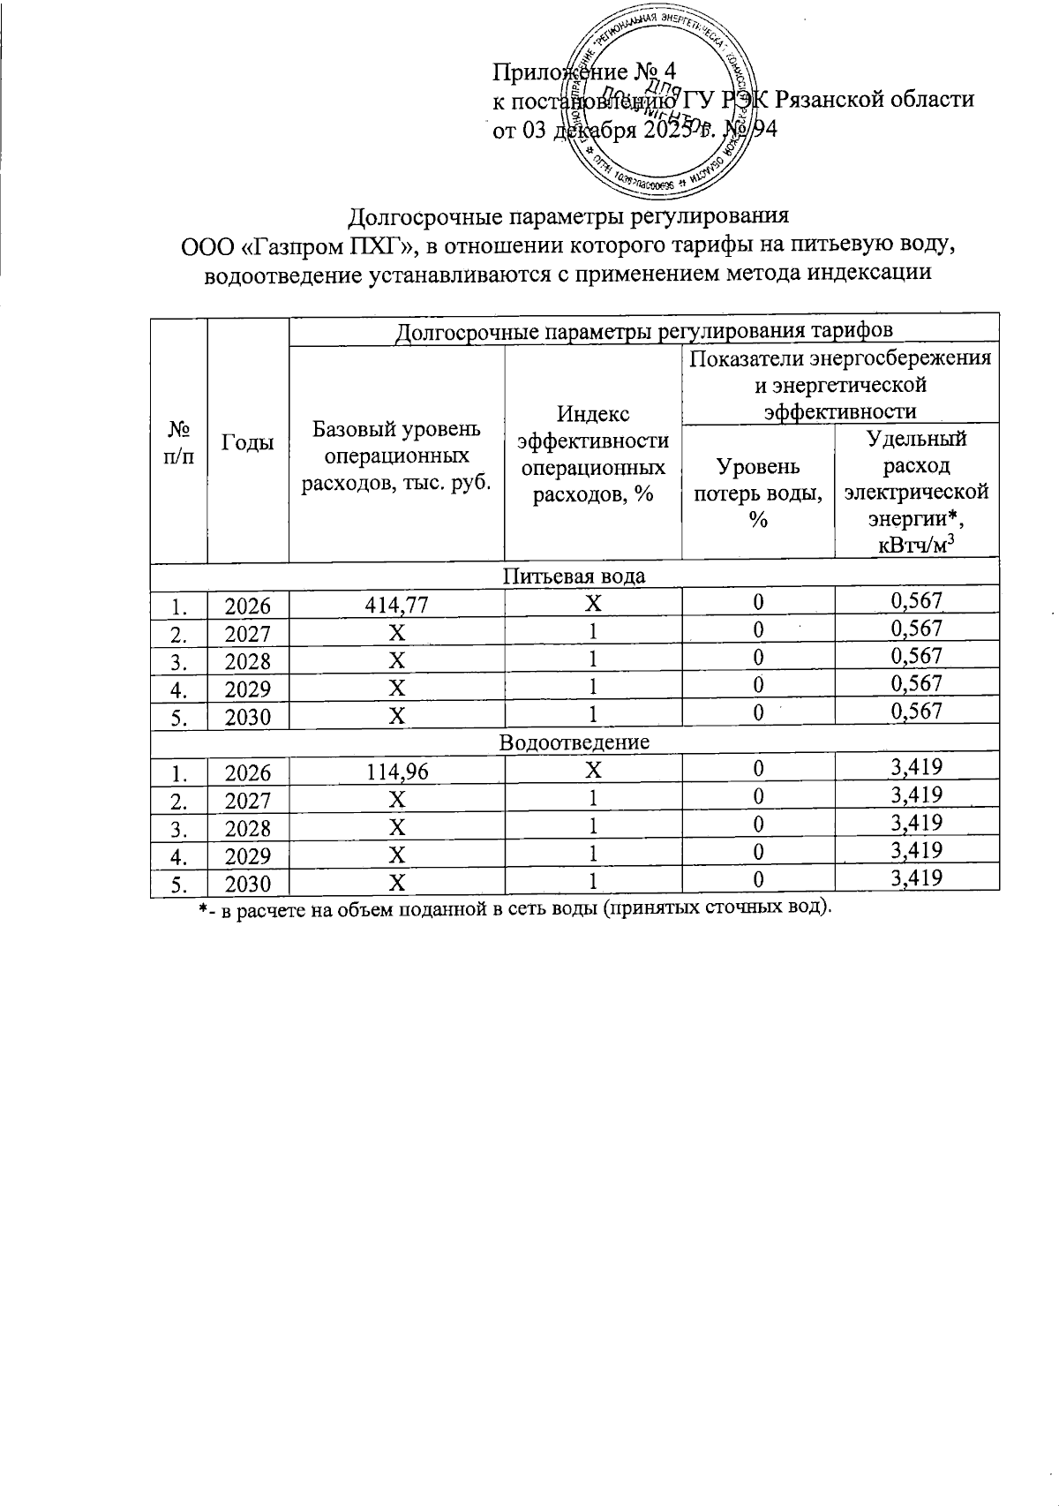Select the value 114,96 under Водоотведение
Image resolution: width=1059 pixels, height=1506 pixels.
(x=397, y=772)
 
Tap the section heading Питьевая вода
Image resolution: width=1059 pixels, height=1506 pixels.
(x=574, y=576)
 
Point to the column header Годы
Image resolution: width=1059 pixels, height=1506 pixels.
(x=248, y=444)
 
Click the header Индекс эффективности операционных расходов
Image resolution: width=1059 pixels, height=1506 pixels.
(x=592, y=455)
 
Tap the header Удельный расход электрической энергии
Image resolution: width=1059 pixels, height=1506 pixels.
(x=916, y=491)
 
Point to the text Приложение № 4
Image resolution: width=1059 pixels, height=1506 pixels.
(x=582, y=71)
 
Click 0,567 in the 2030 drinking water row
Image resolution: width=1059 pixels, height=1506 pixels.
(x=917, y=712)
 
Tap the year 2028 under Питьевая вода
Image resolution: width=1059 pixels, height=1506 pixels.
(x=247, y=660)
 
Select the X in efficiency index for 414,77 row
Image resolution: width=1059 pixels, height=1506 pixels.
(x=593, y=604)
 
